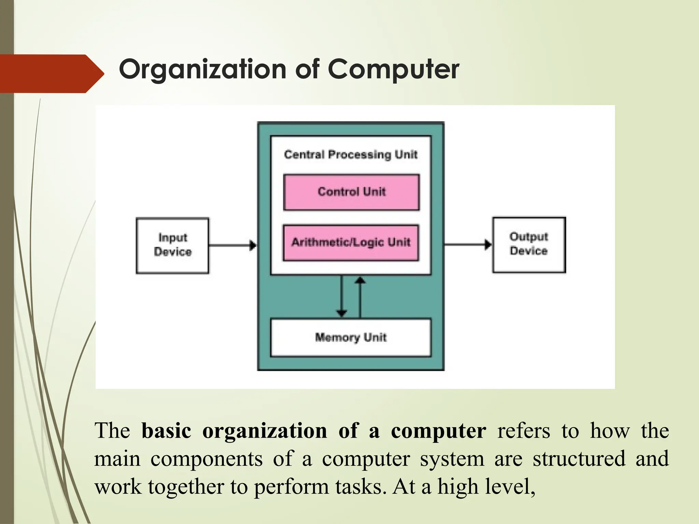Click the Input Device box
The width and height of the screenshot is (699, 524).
click(172, 245)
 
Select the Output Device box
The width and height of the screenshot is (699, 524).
click(529, 245)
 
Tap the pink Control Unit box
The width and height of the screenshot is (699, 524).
click(351, 192)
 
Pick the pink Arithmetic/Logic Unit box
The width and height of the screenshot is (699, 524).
click(351, 243)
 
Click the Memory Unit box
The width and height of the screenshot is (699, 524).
click(351, 337)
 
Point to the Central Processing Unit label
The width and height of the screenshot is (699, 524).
click(351, 155)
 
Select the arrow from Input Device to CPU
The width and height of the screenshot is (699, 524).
click(232, 245)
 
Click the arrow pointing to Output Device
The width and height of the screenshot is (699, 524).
click(468, 244)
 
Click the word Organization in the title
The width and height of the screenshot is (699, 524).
click(202, 69)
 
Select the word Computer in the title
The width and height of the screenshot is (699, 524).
click(394, 69)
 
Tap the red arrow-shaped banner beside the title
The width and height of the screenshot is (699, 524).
click(51, 74)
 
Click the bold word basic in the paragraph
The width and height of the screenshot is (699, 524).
click(166, 431)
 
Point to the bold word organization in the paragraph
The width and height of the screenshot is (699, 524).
click(265, 431)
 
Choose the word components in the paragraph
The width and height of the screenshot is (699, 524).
click(206, 459)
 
